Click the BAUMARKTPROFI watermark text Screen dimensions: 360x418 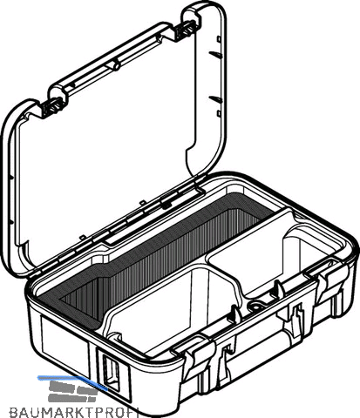pos(74,412)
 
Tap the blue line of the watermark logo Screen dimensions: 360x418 pos(72,381)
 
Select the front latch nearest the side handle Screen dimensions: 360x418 pos(194,358)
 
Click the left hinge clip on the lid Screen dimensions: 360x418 pos(53,107)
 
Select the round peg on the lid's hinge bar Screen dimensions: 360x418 pos(115,65)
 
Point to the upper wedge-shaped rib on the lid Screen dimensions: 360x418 pos(216,54)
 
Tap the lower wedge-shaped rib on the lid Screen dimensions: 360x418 pos(216,100)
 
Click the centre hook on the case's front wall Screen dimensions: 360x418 pos(296,320)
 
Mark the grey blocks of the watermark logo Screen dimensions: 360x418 pos(72,391)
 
